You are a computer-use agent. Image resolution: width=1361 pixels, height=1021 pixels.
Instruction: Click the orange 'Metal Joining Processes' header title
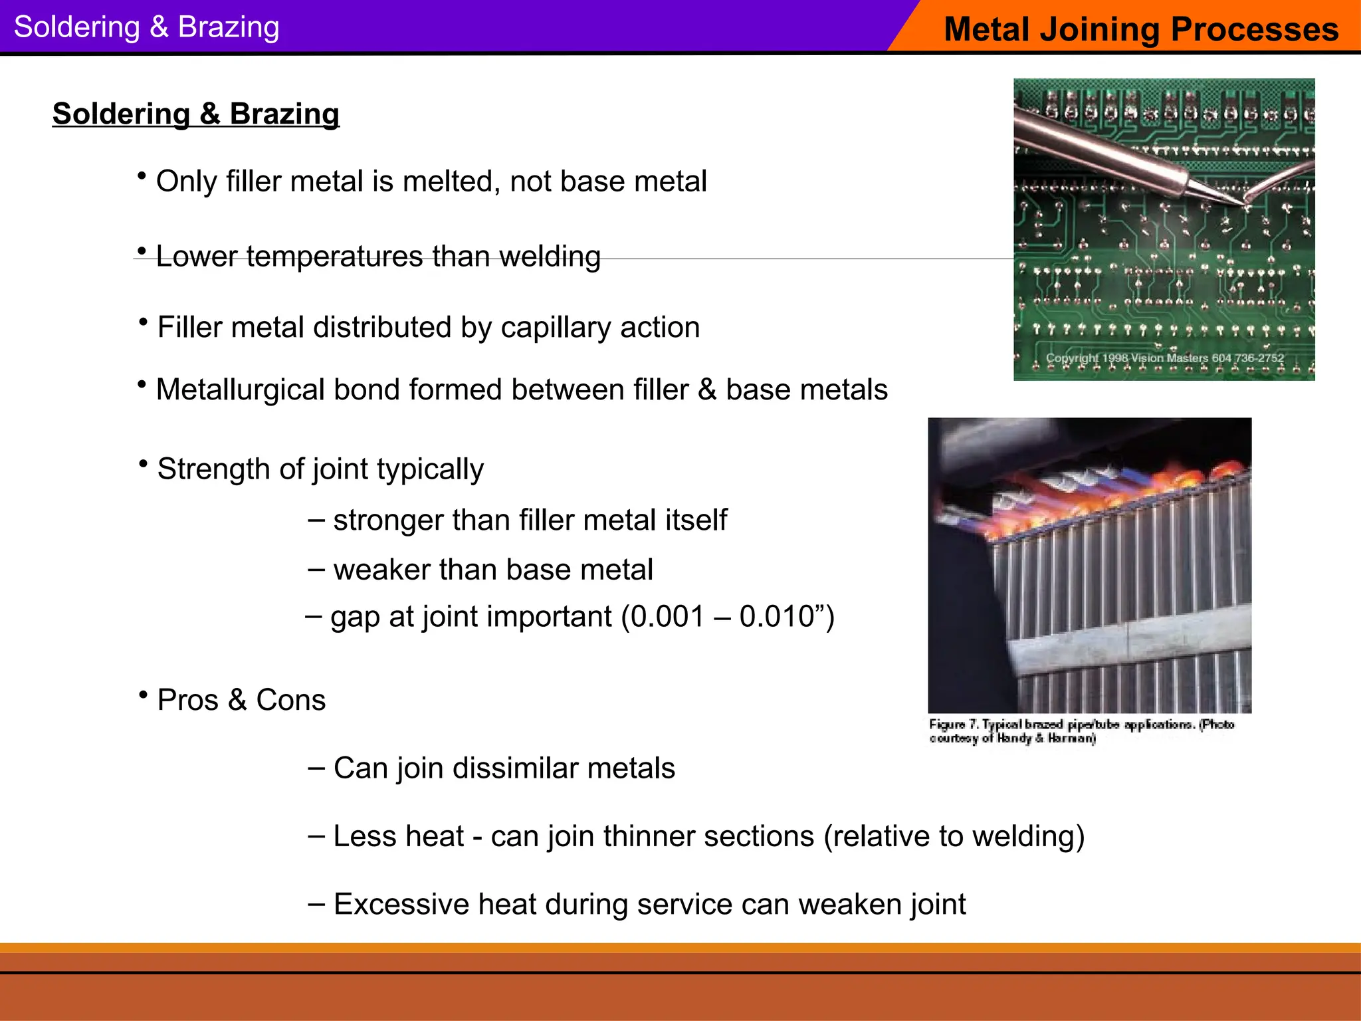1140,29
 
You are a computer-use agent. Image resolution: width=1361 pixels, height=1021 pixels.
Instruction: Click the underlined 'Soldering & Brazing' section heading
195,114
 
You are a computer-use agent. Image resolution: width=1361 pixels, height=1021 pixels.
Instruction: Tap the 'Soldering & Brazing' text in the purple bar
146,27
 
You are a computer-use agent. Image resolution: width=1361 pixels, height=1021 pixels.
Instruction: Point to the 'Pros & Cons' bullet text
241,700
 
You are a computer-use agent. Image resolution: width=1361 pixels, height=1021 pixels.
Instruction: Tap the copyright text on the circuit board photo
1164,358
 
